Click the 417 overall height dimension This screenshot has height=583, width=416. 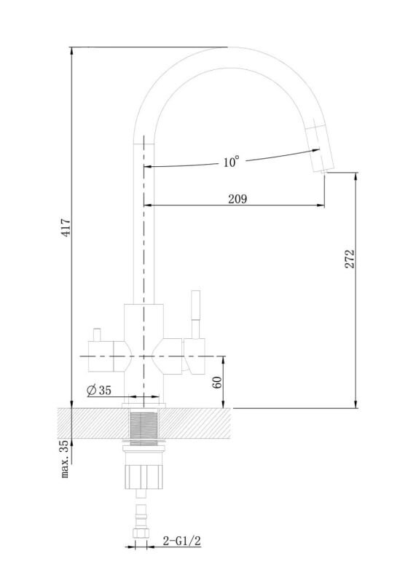[66, 227]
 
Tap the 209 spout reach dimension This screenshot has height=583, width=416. [238, 199]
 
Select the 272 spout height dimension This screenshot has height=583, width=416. [350, 259]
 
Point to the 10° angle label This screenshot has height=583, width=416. [231, 162]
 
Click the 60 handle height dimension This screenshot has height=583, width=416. [218, 382]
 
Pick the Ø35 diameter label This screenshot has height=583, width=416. [99, 390]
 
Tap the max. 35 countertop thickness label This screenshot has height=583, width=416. [65, 459]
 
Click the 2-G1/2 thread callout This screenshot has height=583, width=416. [182, 541]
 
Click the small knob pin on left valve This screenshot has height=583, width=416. [97, 334]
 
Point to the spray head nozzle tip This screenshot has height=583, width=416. [324, 171]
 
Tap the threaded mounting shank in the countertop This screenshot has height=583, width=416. [144, 423]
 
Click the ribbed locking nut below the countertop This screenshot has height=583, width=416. [144, 477]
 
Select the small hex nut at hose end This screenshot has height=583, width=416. [141, 533]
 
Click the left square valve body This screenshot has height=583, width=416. [101, 356]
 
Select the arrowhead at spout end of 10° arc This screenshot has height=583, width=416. [315, 150]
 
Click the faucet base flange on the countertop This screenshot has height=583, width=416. [144, 405]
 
